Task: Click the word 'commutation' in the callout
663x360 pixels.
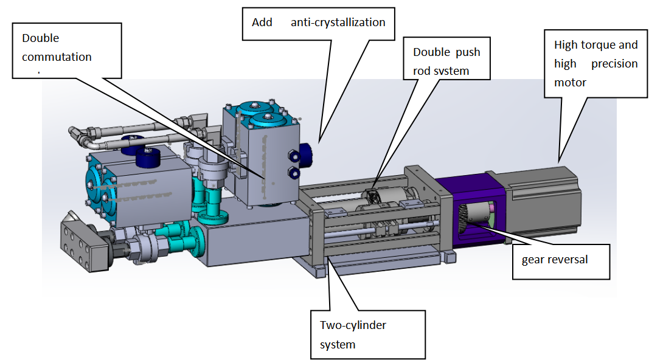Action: coord(57,57)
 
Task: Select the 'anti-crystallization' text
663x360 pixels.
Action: coord(338,22)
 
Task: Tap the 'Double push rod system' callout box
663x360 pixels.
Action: coord(446,61)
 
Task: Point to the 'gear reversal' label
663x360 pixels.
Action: coord(555,260)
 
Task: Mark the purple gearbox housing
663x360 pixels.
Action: coord(462,207)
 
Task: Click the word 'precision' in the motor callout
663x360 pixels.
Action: coord(614,64)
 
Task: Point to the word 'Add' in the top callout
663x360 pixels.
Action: coord(262,22)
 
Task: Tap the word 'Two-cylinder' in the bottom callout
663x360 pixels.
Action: coord(353,325)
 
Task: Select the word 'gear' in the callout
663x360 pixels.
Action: coord(533,260)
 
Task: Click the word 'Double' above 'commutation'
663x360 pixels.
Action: coord(41,38)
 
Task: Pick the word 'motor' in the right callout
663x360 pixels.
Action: coord(571,82)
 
